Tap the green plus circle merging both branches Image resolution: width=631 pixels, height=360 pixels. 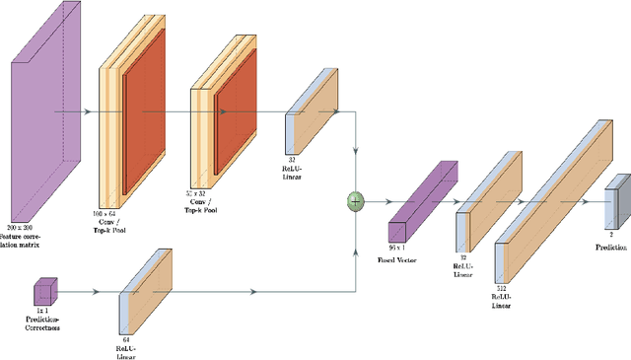pyautogui.click(x=354, y=201)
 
